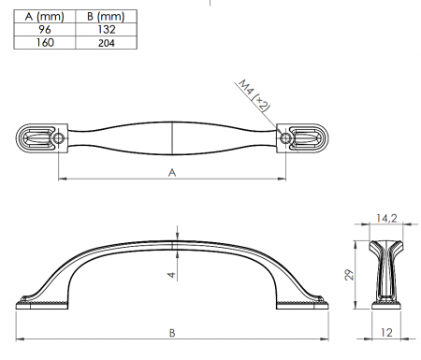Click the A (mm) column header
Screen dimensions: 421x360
(x=44, y=17)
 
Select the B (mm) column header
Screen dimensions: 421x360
(x=106, y=17)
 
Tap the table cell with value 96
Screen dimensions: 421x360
(x=45, y=30)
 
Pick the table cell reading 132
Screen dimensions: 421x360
(x=107, y=30)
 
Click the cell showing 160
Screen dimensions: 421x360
(x=45, y=42)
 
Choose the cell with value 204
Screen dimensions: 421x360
(x=107, y=43)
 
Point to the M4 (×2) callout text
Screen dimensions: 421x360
(x=254, y=95)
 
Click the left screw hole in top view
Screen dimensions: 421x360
(x=58, y=138)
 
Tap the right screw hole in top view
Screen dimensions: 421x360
(x=285, y=138)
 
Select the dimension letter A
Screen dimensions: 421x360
(x=172, y=172)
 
